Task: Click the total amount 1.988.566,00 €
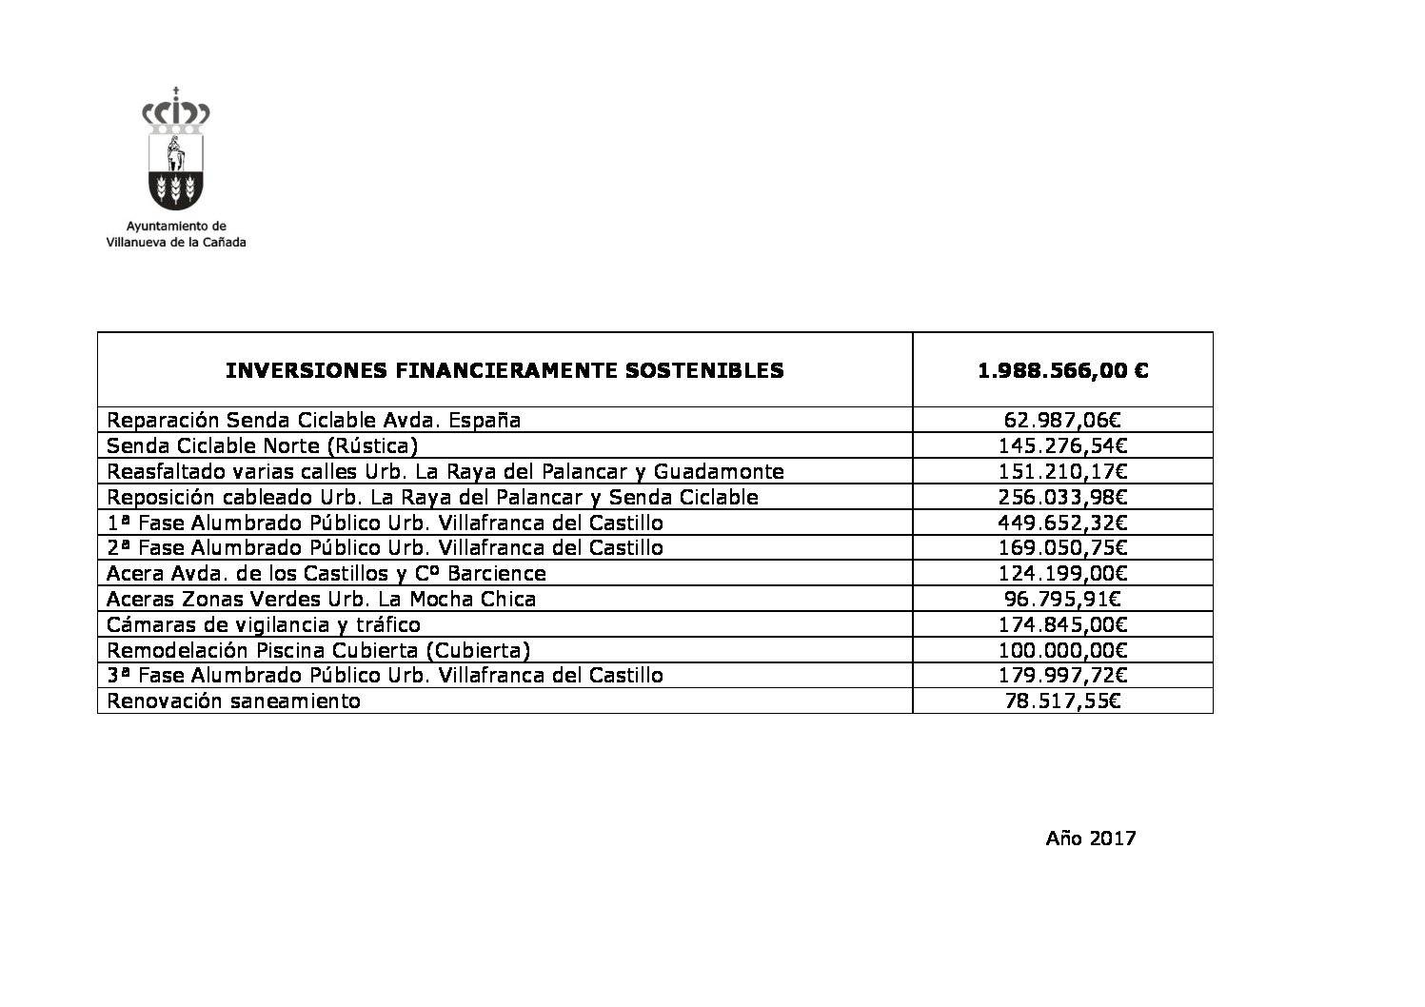coord(1062,370)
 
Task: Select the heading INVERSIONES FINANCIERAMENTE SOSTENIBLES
coord(505,370)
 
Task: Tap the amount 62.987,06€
coord(1062,420)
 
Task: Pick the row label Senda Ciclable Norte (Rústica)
coord(262,445)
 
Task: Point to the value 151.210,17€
coord(1062,471)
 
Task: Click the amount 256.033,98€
coord(1062,497)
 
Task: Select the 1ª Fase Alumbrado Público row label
coord(385,523)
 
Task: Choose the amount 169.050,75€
coord(1062,547)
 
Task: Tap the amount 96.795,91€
coord(1062,599)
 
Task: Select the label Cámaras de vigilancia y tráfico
coord(264,624)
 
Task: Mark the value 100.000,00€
coord(1062,650)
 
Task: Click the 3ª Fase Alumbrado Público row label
coord(385,675)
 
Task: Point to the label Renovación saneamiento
coord(233,701)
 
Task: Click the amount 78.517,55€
coord(1062,701)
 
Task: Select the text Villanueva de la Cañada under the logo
coord(176,242)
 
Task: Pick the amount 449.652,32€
coord(1062,523)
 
